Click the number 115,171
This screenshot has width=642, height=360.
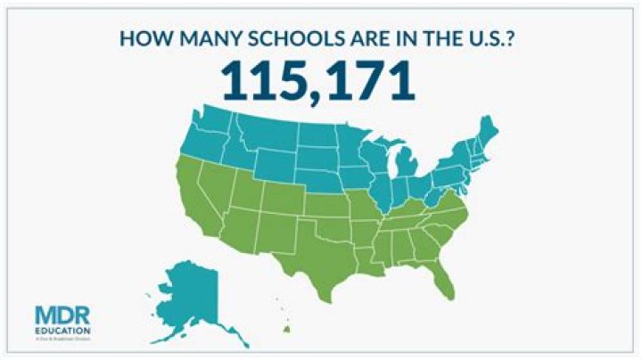tap(320, 81)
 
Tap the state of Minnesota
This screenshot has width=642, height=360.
tap(348, 147)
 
